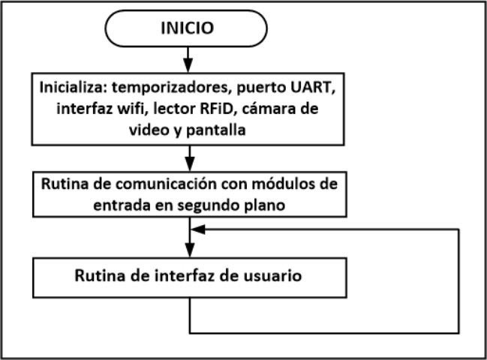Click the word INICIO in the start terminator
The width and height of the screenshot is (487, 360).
point(187,29)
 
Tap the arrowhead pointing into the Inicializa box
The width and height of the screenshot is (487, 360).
point(188,65)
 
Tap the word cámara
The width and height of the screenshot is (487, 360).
point(271,109)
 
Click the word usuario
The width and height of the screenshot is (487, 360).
point(272,275)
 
